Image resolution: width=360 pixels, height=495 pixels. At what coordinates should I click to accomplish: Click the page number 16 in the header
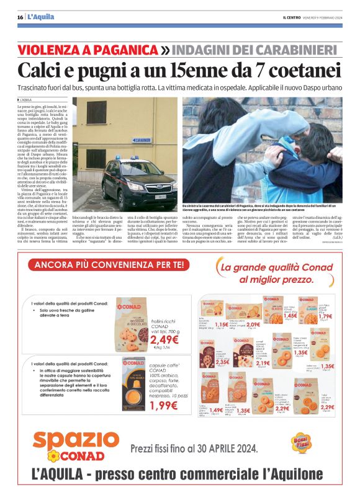[20, 17]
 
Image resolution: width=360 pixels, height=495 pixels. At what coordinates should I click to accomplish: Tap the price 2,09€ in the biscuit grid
[253, 324]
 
